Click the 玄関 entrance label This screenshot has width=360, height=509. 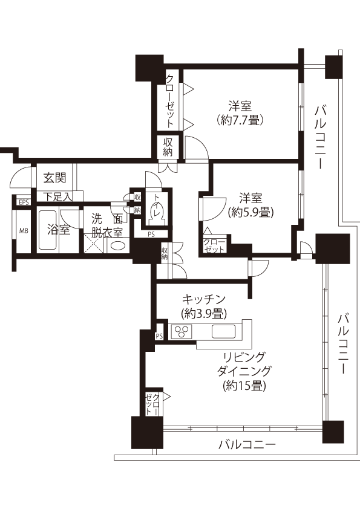(55, 178)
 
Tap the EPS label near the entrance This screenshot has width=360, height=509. (24, 203)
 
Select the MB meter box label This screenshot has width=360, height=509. (24, 231)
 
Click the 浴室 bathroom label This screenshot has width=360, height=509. (59, 230)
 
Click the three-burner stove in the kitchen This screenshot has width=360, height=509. (182, 331)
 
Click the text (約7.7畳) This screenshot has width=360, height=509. (240, 120)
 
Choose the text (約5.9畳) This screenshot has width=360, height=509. (250, 212)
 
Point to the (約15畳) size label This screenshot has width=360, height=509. (244, 386)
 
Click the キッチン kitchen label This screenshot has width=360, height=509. (204, 298)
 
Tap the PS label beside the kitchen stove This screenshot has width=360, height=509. (159, 336)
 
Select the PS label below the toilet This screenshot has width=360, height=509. (151, 234)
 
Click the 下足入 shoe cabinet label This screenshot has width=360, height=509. (59, 196)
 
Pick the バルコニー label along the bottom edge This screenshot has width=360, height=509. (247, 444)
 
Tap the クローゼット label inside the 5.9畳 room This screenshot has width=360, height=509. (214, 246)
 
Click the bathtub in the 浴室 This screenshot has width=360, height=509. (48, 230)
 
